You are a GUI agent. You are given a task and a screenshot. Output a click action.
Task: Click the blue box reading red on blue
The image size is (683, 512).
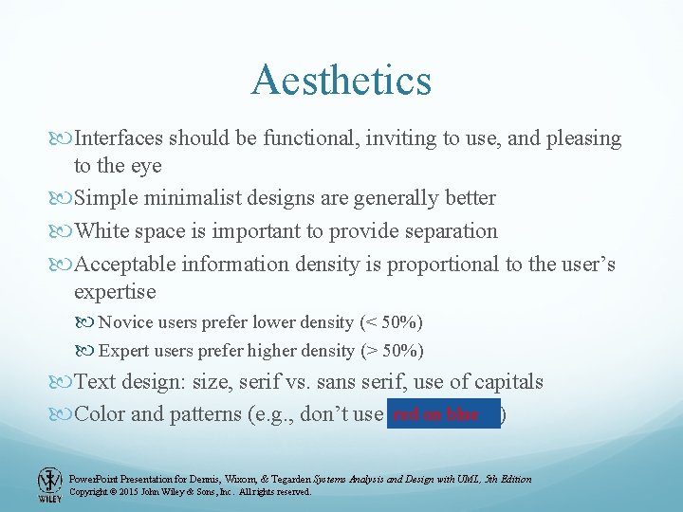click(443, 414)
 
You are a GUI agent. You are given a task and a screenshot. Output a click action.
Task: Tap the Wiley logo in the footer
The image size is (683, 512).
click(48, 484)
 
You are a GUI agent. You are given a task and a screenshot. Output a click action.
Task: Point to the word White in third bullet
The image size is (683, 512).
click(102, 230)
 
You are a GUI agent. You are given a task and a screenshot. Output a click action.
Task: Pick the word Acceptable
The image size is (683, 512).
click(127, 264)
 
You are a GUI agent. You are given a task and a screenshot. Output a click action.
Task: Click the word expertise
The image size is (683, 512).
click(115, 291)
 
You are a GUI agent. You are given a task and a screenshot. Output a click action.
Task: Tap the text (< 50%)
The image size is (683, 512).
click(391, 322)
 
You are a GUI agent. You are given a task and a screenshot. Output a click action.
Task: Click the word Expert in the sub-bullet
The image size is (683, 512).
click(122, 351)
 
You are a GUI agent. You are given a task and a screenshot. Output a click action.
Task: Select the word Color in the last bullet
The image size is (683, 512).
click(100, 414)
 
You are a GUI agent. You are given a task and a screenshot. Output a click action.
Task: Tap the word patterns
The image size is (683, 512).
click(190, 414)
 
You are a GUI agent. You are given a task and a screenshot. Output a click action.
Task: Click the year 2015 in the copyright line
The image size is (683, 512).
click(132, 492)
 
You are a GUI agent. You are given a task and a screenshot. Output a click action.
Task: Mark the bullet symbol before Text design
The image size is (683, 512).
click(64, 383)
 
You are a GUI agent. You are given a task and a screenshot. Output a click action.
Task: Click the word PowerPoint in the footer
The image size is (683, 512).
click(95, 479)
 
